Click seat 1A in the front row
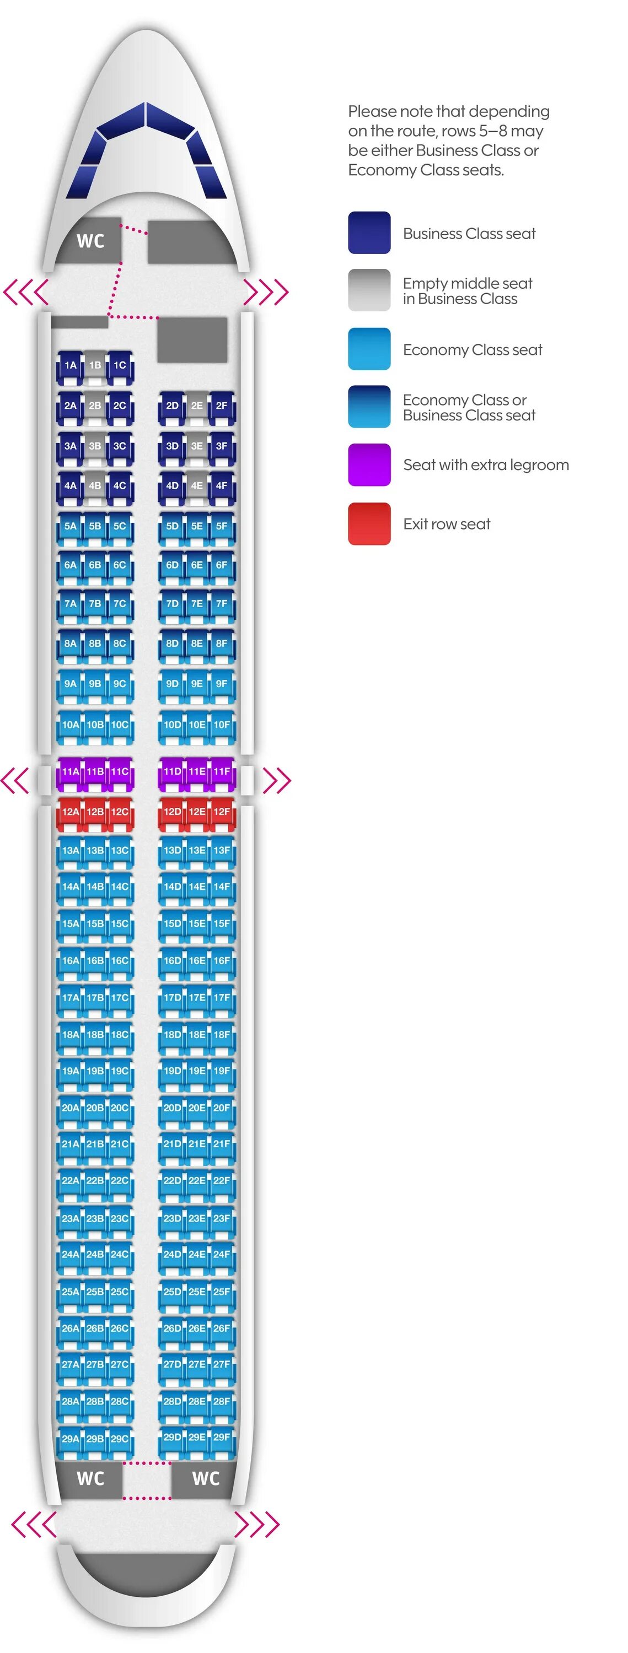[x=70, y=366]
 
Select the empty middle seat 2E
[x=196, y=406]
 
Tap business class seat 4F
[x=222, y=487]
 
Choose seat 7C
[x=120, y=604]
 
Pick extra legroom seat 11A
[x=70, y=772]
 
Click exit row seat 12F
[x=222, y=812]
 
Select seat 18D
[x=172, y=1035]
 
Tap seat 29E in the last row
[x=196, y=1438]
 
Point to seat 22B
[x=95, y=1181]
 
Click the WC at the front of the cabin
[x=90, y=241]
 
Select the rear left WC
[x=90, y=1478]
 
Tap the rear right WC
[x=206, y=1478]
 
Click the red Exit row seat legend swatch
[x=369, y=524]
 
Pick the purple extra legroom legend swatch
[x=369, y=464]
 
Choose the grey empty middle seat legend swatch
[x=369, y=290]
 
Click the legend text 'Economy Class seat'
[x=473, y=350]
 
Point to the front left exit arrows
[x=26, y=292]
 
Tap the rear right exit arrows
[x=257, y=1524]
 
